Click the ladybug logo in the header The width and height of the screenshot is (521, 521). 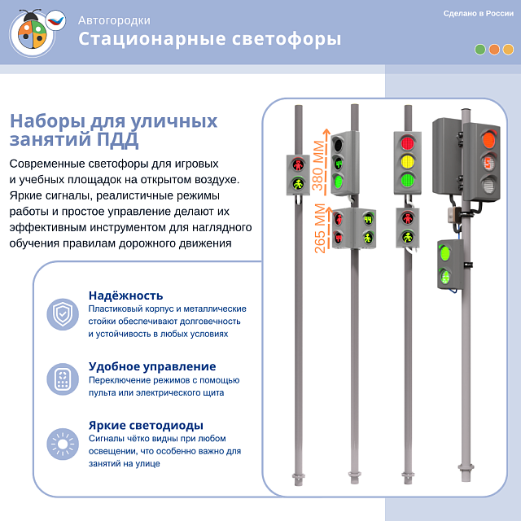[33, 32]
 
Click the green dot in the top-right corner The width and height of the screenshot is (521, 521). [480, 49]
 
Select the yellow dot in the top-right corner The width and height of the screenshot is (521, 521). [508, 49]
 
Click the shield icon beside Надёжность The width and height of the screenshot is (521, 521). [63, 313]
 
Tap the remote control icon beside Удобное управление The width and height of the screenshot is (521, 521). [63, 379]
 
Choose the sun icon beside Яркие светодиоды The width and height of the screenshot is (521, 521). [63, 444]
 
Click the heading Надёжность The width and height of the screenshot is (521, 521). [125, 296]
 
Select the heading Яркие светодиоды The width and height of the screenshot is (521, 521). [146, 425]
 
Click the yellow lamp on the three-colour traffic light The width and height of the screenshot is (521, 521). [407, 160]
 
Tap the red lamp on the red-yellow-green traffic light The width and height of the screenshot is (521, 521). [407, 142]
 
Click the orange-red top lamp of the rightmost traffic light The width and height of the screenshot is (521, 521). [489, 138]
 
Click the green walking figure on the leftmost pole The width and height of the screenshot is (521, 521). [298, 184]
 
